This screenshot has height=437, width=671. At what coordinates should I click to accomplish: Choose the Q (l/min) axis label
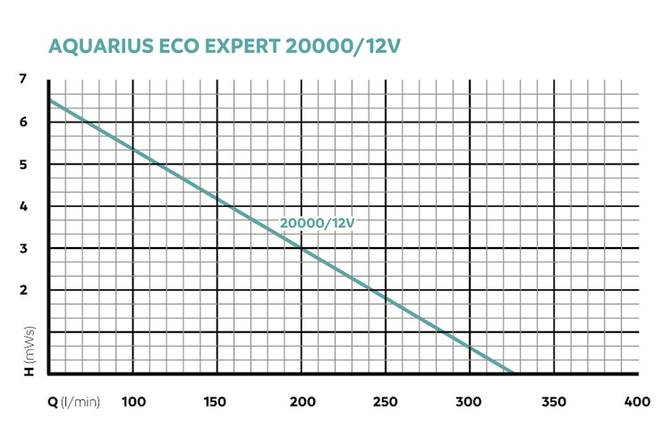coord(73,401)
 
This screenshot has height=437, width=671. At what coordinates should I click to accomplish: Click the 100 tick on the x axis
coord(133,401)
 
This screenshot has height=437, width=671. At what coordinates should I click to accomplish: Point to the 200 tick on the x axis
coord(302,401)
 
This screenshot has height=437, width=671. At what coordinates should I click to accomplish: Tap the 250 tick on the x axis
coord(386,401)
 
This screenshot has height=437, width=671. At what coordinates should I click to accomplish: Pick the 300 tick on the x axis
coord(470,401)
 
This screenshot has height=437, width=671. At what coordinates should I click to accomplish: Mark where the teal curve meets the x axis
coord(514,373)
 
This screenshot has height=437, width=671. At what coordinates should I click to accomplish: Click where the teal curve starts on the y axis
coord(50,100)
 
